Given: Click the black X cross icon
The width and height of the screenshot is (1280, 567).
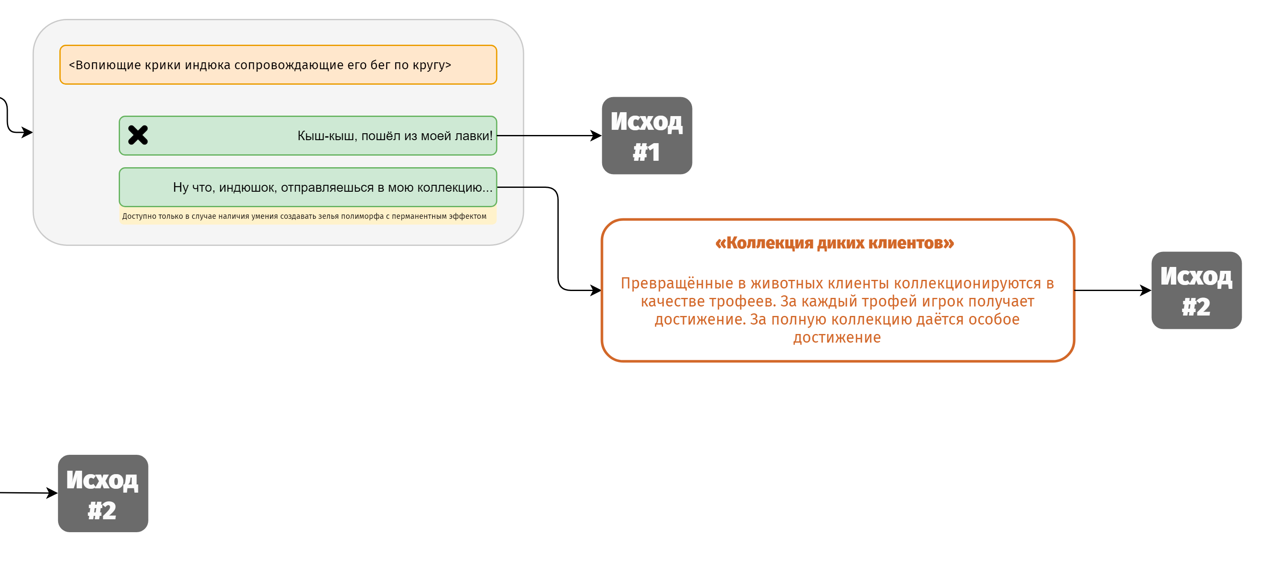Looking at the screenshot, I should [x=138, y=135].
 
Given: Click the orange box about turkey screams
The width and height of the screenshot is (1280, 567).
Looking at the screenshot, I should [x=278, y=65].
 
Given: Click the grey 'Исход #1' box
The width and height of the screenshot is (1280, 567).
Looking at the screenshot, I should [x=646, y=135].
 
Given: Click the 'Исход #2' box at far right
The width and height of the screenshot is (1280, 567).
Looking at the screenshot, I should [x=1196, y=291].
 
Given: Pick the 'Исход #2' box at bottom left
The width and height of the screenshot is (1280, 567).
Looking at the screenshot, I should [x=103, y=493].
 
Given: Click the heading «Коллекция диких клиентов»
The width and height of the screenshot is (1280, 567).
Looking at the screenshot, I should [x=834, y=243].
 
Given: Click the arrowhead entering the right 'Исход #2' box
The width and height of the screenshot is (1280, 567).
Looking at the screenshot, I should [x=1146, y=291].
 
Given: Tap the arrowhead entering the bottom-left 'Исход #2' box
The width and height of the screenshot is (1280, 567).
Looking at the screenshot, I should [x=52, y=493].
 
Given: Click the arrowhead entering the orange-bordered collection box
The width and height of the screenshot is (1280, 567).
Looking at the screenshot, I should [x=596, y=291].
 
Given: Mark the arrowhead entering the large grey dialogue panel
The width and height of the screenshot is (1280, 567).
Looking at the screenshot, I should [x=28, y=132].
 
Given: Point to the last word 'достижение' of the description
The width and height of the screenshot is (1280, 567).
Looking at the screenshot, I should [x=837, y=337].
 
